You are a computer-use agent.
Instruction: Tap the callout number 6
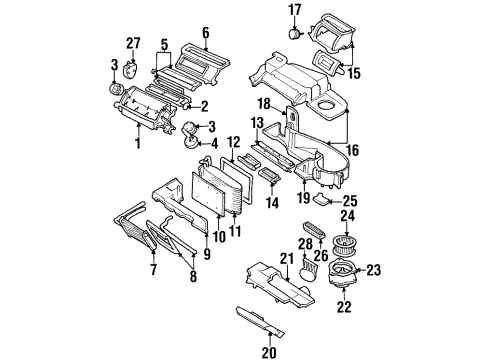point(204,32)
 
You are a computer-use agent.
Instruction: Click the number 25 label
point(350,201)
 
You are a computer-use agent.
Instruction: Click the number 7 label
point(153,269)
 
